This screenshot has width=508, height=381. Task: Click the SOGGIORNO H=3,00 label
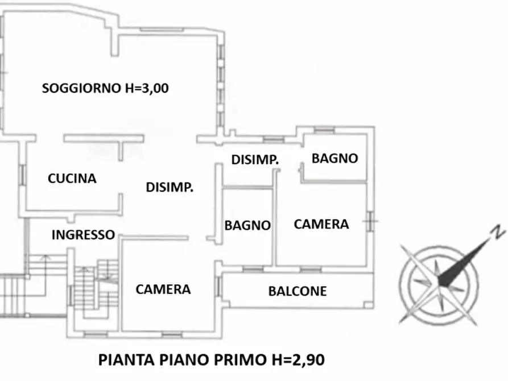click(x=106, y=88)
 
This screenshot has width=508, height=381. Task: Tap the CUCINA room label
click(x=72, y=179)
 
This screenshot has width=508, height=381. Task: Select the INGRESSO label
click(x=83, y=234)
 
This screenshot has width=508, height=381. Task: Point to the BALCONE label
click(x=298, y=291)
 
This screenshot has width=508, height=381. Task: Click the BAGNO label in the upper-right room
click(x=335, y=158)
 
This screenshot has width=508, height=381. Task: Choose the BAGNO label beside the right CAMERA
click(x=247, y=225)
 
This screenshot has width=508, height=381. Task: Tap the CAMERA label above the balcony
click(x=321, y=224)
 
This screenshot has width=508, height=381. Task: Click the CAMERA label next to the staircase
click(x=163, y=289)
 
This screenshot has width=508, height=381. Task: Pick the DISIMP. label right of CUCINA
click(x=170, y=187)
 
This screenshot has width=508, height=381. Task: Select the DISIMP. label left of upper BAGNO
click(x=255, y=160)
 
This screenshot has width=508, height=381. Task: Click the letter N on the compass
click(x=498, y=232)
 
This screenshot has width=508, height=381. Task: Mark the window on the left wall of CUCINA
click(x=23, y=174)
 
